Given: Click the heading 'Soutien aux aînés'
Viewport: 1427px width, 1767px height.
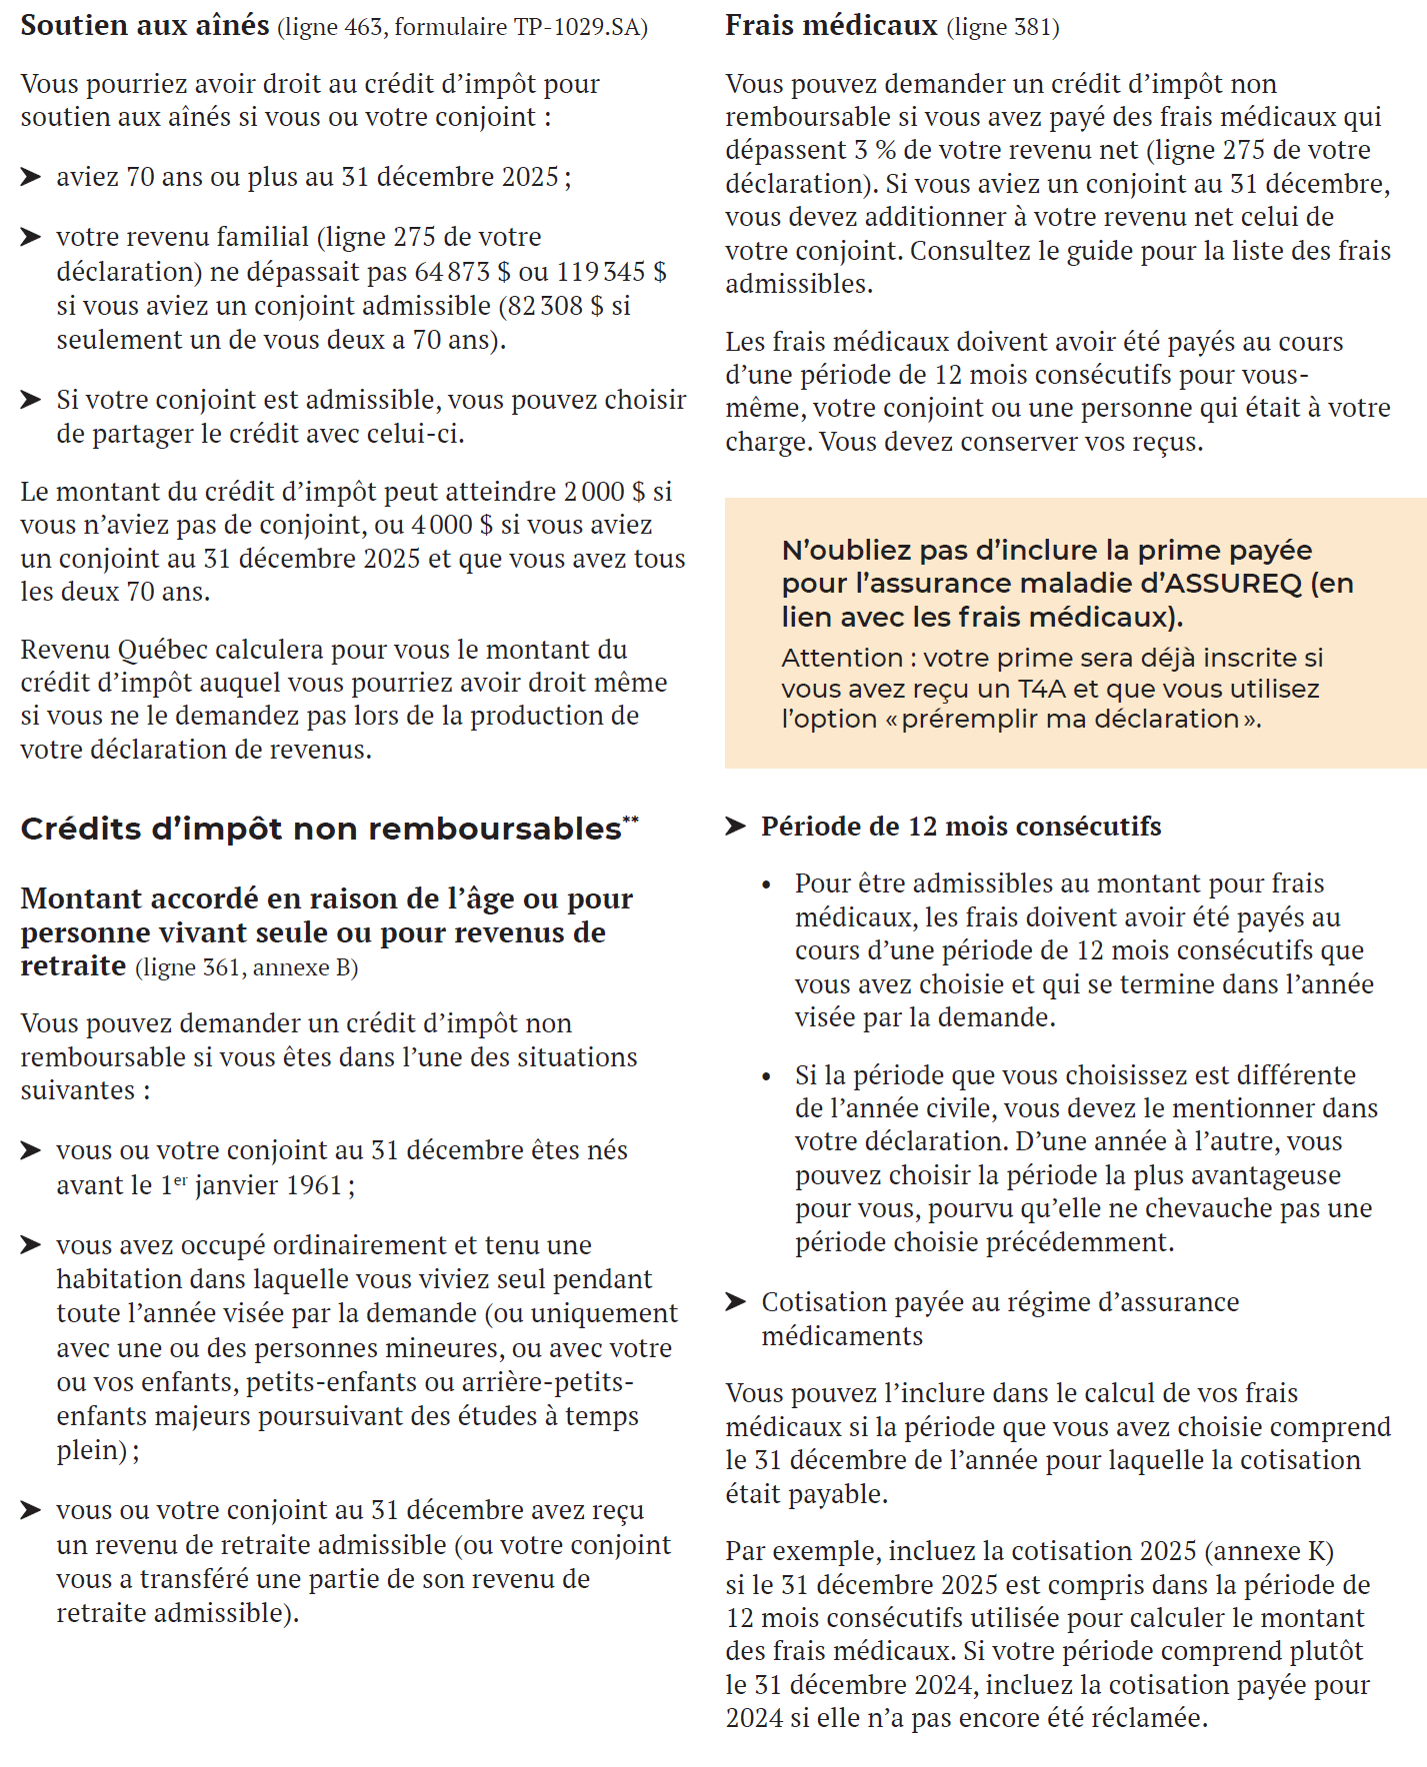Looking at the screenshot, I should pos(145,25).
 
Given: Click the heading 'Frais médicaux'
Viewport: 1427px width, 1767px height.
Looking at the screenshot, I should pos(831,25).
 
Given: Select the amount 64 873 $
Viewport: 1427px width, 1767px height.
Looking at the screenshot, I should pos(462,272).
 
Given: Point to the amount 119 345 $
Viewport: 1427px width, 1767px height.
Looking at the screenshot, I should pos(611,272).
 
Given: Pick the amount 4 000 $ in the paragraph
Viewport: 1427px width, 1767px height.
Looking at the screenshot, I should pos(452,525).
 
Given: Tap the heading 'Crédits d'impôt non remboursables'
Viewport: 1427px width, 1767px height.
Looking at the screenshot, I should pos(320,830).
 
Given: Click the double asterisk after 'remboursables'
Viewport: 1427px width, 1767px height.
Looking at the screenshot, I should pos(631,821).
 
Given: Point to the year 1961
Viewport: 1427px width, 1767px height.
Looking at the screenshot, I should pos(314,1185).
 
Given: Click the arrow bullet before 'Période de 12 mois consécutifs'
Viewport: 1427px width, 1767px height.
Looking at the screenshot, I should pos(735,827).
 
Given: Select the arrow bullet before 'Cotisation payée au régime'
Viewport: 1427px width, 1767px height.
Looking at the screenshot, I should pos(735,1301).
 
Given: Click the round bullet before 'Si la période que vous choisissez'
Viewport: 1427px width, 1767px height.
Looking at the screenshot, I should pos(767,1076).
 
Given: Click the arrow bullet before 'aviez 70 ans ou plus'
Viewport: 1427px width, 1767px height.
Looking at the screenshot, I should pos(31,177).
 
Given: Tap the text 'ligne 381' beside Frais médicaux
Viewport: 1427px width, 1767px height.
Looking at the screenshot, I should pos(1002,27).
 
